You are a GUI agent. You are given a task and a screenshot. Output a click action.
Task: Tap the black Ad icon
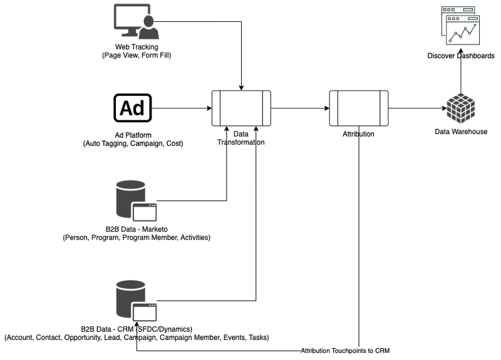click(133, 108)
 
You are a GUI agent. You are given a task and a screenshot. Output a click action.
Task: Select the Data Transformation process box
click(241, 108)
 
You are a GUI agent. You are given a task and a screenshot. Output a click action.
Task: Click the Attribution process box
click(358, 108)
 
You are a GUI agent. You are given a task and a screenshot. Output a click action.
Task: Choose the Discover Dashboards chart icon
click(461, 26)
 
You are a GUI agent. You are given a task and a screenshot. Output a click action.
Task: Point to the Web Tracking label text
click(136, 47)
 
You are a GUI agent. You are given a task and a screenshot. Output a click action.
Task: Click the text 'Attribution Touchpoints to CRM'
click(345, 351)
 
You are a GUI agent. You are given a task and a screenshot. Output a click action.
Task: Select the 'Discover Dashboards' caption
click(461, 56)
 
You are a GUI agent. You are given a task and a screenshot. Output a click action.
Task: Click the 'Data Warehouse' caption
click(461, 131)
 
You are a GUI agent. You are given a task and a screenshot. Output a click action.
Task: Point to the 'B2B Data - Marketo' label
click(136, 229)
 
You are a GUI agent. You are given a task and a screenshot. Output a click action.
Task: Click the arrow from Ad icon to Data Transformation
click(182, 108)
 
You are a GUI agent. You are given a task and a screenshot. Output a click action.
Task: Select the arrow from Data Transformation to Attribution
click(299, 108)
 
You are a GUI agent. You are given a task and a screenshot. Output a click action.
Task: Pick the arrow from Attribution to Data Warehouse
click(416, 108)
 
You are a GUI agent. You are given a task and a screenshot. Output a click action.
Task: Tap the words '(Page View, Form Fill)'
click(137, 56)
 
